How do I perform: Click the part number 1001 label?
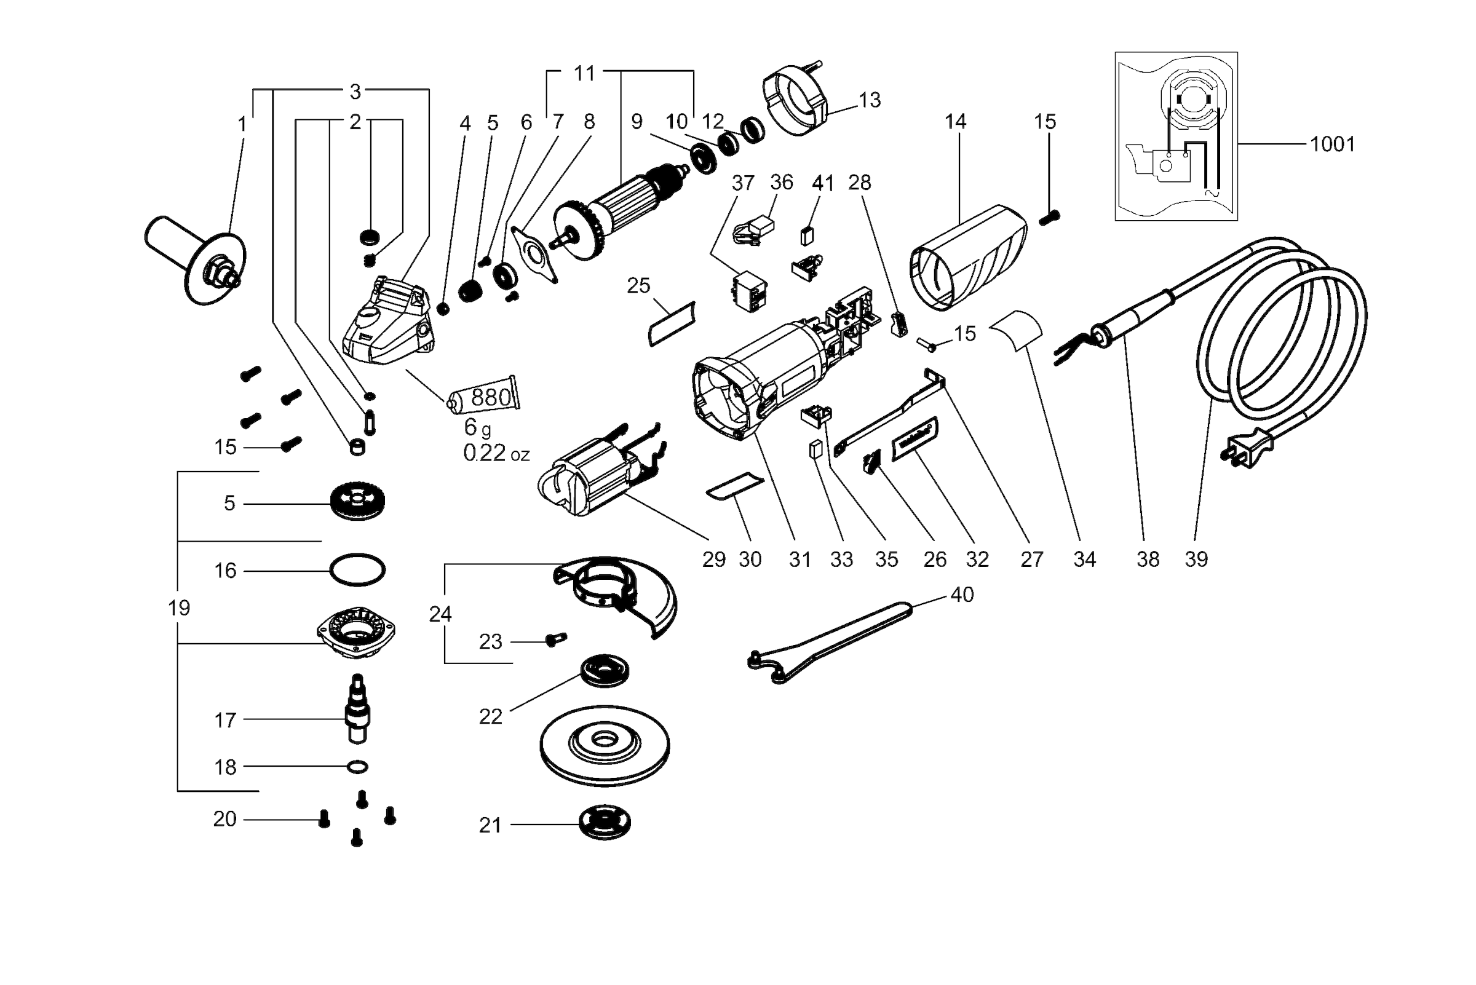click(x=1332, y=144)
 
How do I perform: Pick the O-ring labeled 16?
click(x=357, y=570)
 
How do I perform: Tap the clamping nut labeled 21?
click(x=605, y=823)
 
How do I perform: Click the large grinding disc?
click(x=605, y=745)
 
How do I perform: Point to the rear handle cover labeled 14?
click(x=967, y=258)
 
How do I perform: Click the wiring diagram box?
click(x=1176, y=136)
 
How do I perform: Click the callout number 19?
click(x=179, y=608)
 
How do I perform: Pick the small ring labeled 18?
click(x=357, y=766)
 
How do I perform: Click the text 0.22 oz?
click(x=496, y=453)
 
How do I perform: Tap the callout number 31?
click(x=800, y=559)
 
